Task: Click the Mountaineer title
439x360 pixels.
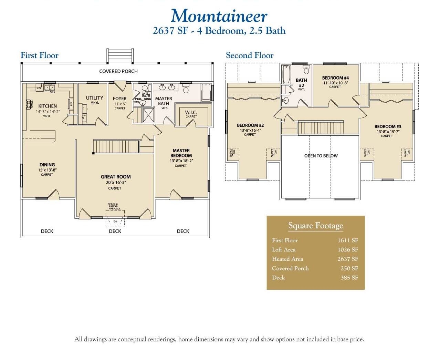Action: [219, 16]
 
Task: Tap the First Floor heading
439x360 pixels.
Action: [39, 55]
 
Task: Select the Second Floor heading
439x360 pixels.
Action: [249, 55]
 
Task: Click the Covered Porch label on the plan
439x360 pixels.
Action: [118, 71]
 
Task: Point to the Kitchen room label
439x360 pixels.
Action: [48, 106]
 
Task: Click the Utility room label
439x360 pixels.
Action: [94, 98]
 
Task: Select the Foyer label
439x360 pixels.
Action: [119, 99]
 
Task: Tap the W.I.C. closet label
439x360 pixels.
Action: [191, 112]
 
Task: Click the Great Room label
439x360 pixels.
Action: [116, 177]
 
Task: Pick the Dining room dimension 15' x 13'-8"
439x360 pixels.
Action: [47, 170]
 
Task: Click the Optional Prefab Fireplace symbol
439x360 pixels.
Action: [115, 221]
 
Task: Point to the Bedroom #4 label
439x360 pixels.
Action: [335, 78]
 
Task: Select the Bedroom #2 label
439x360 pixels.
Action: [250, 125]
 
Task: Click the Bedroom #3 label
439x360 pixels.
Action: [388, 127]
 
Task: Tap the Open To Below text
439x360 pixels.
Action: [321, 156]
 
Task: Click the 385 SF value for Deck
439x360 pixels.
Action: [349, 278]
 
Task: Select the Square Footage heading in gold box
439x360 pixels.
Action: [315, 226]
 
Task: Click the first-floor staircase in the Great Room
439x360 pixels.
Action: [116, 146]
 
